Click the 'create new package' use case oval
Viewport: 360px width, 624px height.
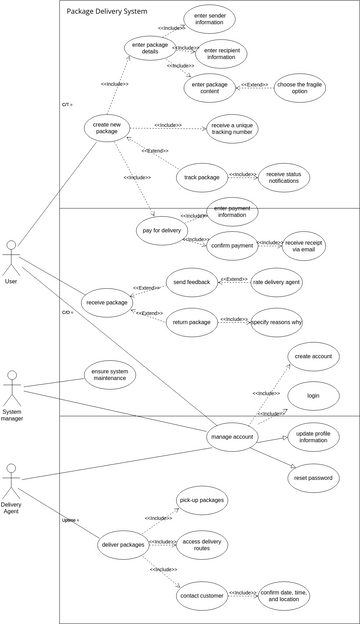coord(114,130)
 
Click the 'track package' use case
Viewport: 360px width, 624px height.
coord(202,178)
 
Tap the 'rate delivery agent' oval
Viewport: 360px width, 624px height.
coord(277,282)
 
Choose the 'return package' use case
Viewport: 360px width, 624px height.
coord(193,322)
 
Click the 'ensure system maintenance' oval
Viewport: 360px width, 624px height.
coord(111,375)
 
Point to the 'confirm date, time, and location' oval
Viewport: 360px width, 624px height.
coord(291,596)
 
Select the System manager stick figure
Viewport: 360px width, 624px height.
coord(12,386)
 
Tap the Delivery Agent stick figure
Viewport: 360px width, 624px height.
coord(11,478)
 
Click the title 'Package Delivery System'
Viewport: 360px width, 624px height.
coord(107,11)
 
